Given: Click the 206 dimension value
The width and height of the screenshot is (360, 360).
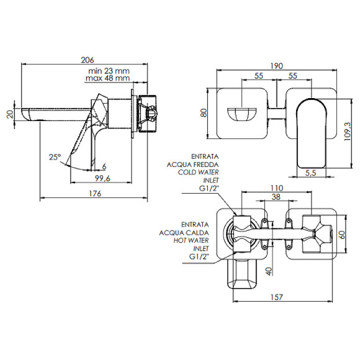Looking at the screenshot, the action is coord(88,60).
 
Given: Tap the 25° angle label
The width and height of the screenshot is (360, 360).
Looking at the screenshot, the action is coord(55,157).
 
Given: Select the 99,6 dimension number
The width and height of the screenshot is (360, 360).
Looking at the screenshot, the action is coord(102,178).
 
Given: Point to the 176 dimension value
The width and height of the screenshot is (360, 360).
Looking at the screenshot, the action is coord(95,193).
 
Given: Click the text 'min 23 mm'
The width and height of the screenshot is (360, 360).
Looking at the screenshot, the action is coord(109,71).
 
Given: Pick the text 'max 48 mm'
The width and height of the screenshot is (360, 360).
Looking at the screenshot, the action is coord(107,78).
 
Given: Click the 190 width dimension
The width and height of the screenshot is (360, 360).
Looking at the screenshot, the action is coord(276,66).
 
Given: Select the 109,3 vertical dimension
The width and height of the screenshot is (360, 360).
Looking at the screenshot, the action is coord(348,132).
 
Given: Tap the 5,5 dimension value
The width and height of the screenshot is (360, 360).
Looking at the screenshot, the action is coord(311,173).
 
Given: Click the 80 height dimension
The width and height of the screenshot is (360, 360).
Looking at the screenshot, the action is coord(204,113).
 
